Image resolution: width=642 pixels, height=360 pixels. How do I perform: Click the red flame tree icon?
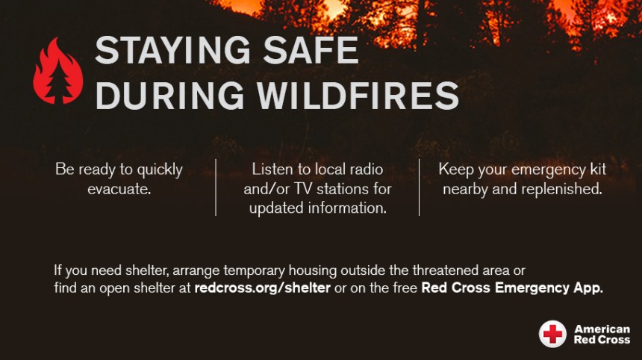57,72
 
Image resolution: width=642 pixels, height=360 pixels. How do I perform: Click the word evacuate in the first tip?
119,188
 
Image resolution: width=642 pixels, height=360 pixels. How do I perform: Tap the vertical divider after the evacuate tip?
216,187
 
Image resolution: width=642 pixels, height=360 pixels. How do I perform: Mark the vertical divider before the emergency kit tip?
419,187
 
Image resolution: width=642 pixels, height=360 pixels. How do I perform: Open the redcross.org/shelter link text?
262,288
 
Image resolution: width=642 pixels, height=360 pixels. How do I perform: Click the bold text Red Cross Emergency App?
511,288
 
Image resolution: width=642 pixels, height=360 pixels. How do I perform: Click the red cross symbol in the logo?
553,333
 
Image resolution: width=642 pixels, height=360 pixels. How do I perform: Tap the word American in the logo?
602,329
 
